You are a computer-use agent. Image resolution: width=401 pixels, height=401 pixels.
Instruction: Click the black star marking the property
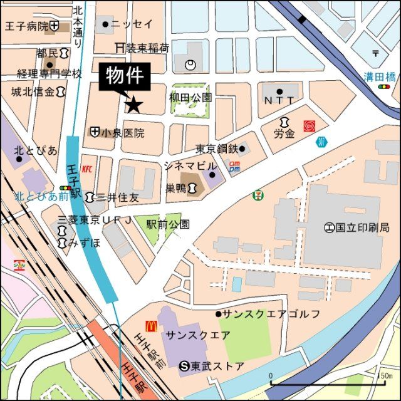point(133,105)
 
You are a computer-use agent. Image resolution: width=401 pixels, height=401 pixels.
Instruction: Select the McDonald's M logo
point(151,326)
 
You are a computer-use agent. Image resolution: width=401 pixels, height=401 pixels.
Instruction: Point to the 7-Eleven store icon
point(258,195)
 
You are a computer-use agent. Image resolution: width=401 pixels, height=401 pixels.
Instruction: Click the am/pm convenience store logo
point(234,166)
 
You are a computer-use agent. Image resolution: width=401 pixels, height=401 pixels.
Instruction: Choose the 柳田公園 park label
point(190,98)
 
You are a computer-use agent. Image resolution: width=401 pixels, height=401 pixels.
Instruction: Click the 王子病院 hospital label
point(26,26)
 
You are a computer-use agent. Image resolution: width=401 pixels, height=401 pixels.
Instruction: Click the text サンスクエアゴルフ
point(271,313)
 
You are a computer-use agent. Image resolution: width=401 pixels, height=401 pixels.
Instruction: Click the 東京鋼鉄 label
point(216,148)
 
